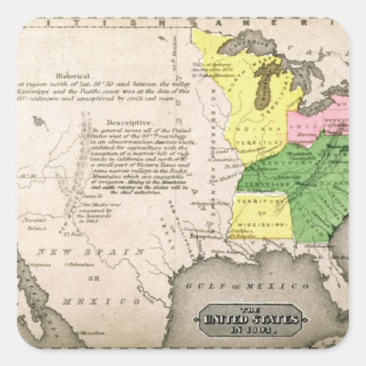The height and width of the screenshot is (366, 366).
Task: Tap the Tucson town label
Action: click(35, 220)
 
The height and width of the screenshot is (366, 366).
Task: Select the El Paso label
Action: click(73, 234)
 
